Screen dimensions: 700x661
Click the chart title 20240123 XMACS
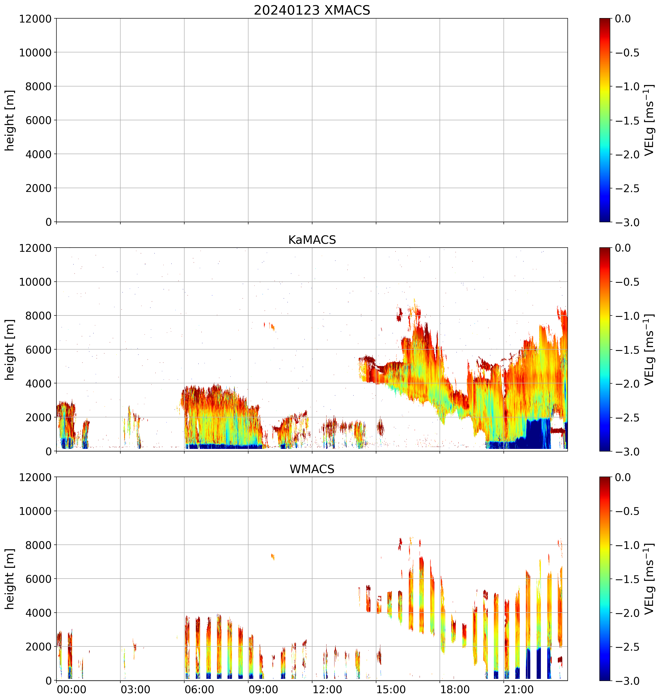click(x=312, y=10)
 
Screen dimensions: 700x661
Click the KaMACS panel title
click(x=312, y=240)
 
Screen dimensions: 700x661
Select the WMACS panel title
click(x=312, y=469)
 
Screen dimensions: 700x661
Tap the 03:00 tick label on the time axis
click(x=135, y=689)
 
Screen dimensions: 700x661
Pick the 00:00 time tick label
click(x=71, y=689)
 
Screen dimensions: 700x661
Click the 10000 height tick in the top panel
click(x=35, y=52)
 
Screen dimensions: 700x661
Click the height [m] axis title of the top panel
click(x=10, y=121)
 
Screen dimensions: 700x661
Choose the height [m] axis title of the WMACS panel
click(x=10, y=579)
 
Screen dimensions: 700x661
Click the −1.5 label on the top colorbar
click(x=627, y=121)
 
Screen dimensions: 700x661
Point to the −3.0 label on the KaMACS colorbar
click(x=627, y=452)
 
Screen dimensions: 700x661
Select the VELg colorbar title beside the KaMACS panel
click(x=649, y=350)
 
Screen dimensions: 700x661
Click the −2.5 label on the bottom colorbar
click(x=627, y=647)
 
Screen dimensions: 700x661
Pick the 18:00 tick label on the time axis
click(x=455, y=689)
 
